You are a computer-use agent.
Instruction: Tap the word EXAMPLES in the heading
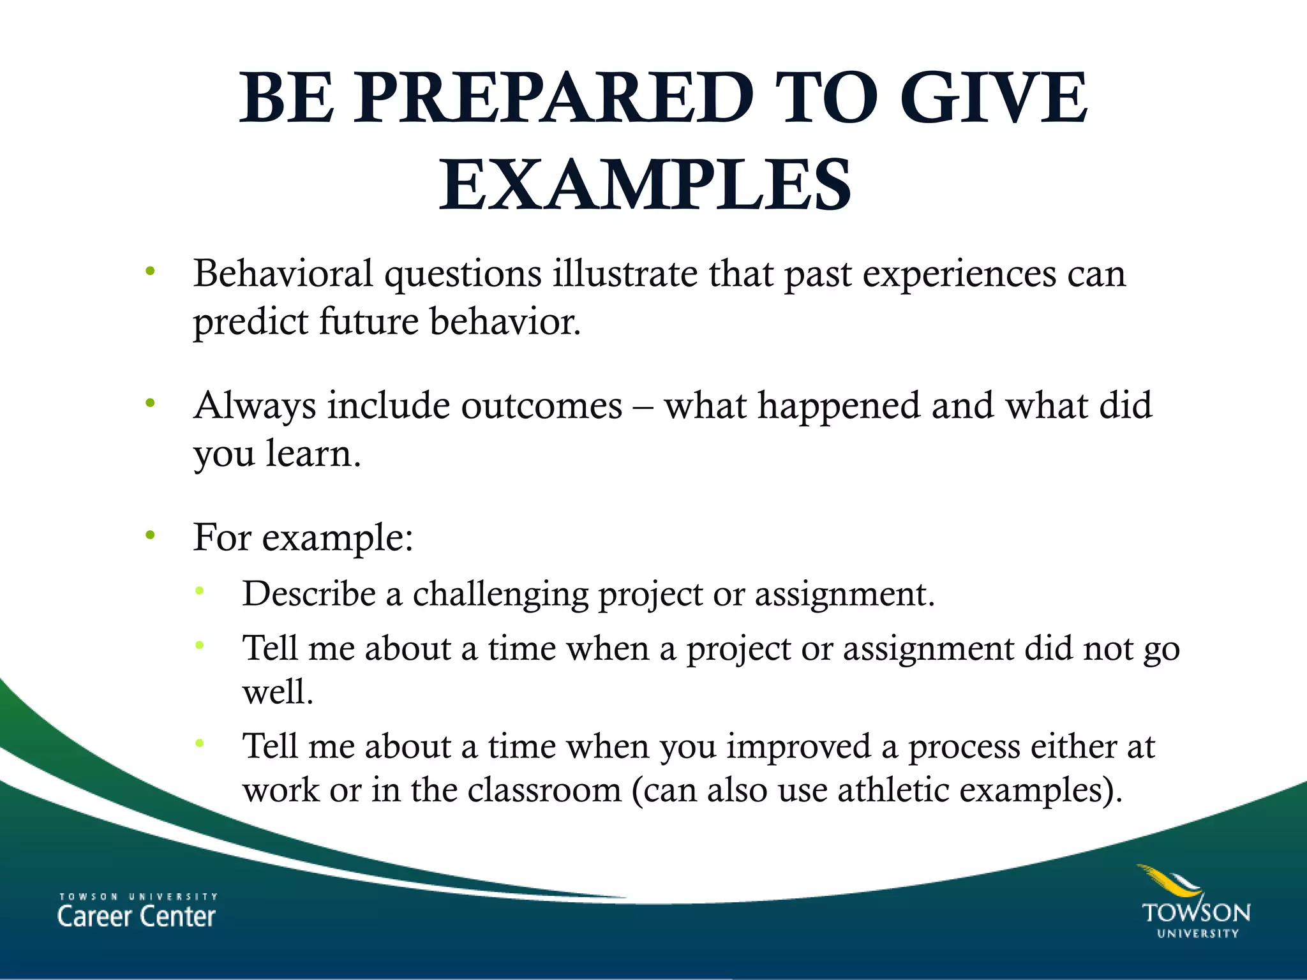645,186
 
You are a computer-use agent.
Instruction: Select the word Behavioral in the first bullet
283,274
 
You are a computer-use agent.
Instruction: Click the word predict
250,322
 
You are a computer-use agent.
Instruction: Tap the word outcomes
541,406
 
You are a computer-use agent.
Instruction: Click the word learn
313,454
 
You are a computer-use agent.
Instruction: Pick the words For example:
303,538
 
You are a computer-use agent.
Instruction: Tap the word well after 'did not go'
277,691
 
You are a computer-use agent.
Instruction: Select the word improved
798,747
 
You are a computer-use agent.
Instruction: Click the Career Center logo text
137,911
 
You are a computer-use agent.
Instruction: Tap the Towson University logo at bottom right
1195,903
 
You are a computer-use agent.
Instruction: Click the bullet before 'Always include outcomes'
151,403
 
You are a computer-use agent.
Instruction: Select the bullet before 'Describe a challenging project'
200,591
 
